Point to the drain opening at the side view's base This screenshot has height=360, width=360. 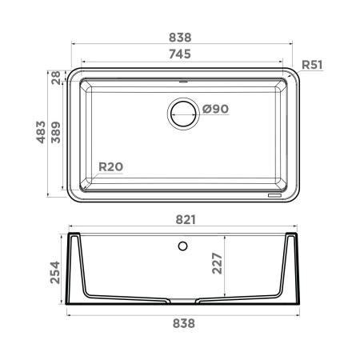(184, 303)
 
